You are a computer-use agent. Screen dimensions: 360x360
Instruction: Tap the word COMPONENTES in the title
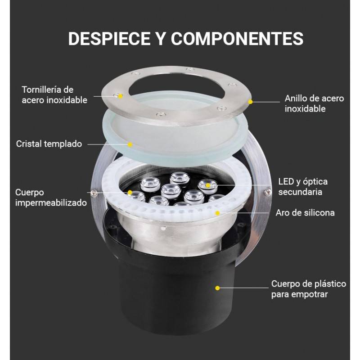pos(237,39)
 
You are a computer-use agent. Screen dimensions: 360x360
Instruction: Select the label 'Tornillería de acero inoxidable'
pos(54,95)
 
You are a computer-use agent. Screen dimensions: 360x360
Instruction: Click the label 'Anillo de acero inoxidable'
pos(314,103)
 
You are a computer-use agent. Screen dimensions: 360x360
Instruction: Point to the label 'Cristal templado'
pos(49,144)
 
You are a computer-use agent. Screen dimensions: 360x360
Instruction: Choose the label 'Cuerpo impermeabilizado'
pos(50,198)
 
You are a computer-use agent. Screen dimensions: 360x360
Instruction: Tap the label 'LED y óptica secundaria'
pos(303,187)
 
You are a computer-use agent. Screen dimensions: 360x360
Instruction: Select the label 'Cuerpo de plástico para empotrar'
pos(308,289)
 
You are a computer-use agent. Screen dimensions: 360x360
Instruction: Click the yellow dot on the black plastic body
pos(217,287)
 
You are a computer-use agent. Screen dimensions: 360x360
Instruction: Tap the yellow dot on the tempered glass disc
pos(130,144)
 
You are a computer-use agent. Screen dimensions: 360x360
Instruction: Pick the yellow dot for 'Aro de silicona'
pos(218,212)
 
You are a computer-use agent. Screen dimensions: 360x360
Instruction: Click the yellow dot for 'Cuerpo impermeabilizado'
pos(130,193)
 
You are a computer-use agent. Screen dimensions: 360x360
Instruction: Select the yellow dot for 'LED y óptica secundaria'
pos(208,185)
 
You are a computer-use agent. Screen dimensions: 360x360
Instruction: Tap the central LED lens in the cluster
pos(171,190)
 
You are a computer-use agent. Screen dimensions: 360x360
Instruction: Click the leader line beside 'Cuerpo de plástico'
pos(245,287)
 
